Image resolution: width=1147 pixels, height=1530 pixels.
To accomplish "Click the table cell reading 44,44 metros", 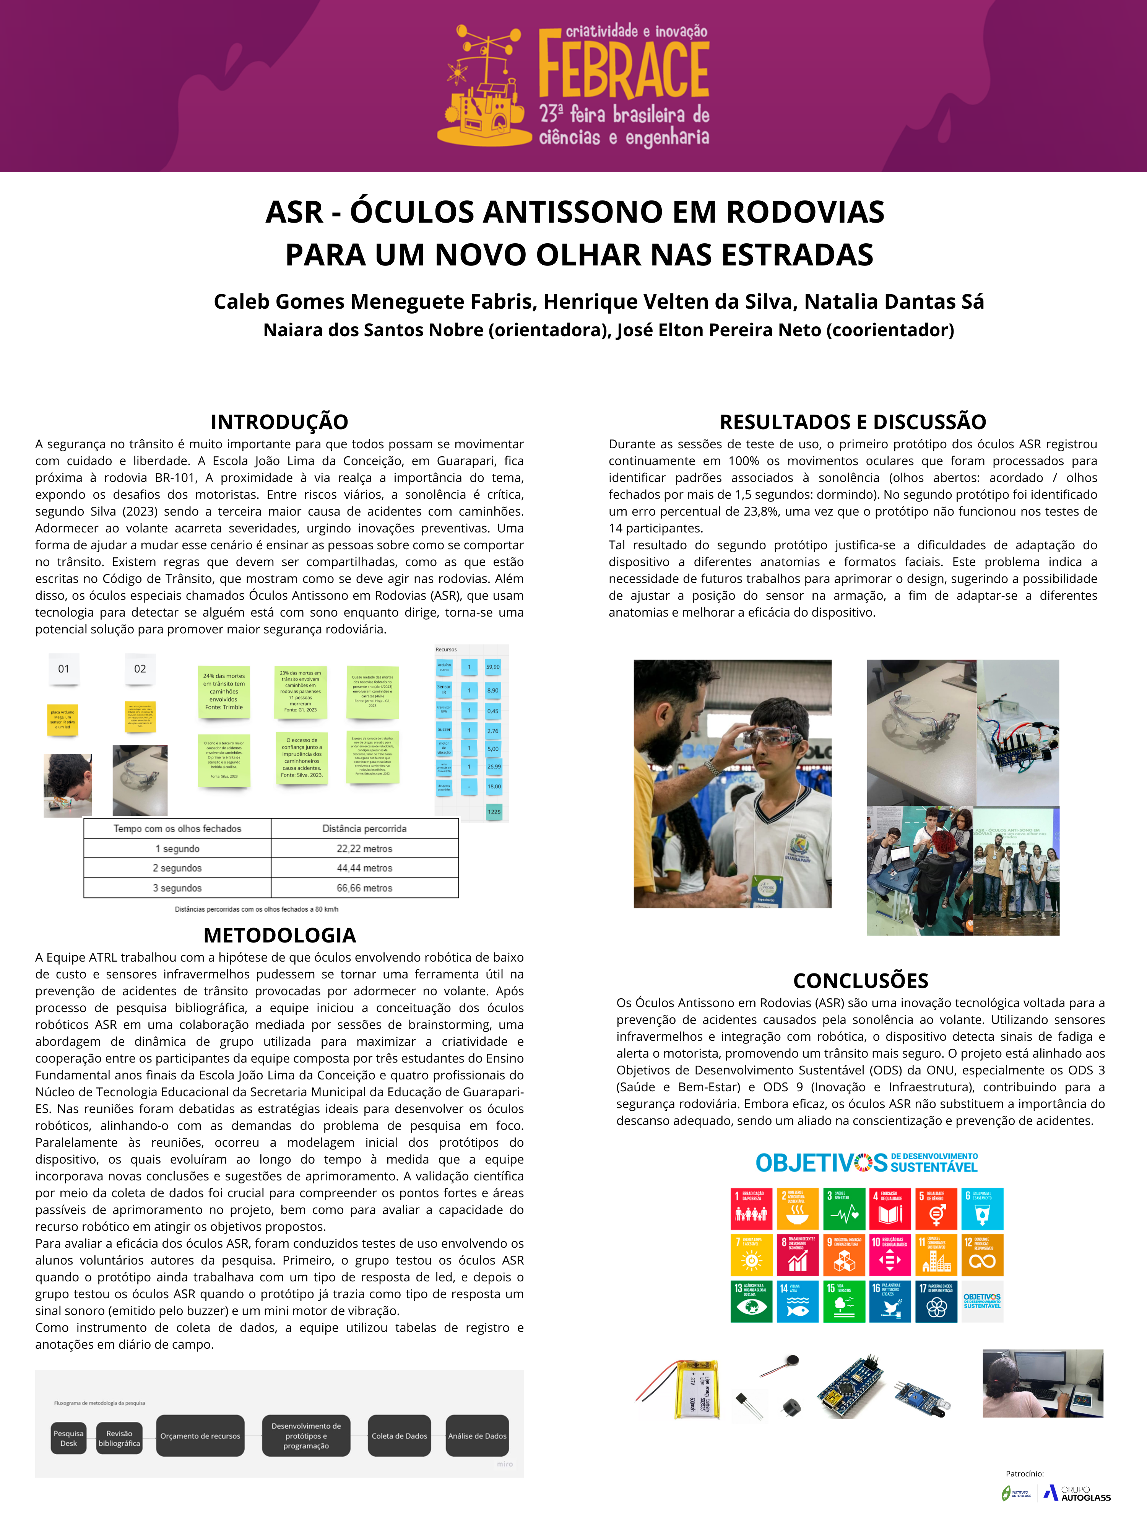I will tap(364, 868).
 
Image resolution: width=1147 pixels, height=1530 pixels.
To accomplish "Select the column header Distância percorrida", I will tap(364, 828).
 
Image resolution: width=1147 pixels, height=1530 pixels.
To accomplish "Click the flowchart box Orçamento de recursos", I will tap(200, 1436).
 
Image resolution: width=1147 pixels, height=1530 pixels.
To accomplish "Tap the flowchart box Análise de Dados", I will tap(477, 1436).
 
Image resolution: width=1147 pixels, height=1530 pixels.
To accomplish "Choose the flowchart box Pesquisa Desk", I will tap(68, 1438).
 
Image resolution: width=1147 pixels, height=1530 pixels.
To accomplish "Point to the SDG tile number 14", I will tap(797, 1302).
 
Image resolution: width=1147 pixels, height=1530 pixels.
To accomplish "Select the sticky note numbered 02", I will tap(140, 669).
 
